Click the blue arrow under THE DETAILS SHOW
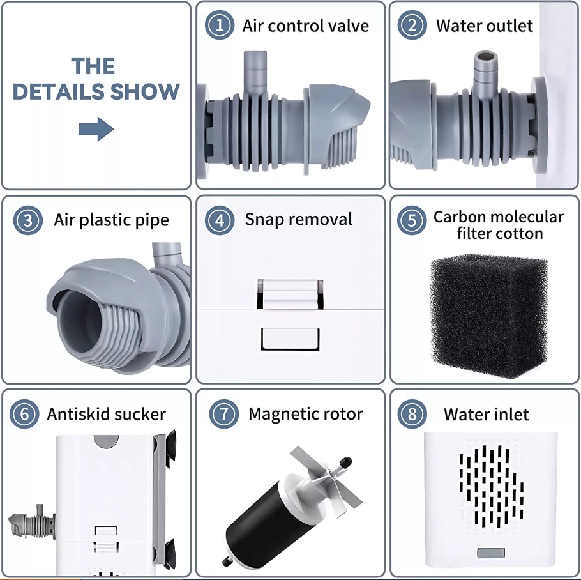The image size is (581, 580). (96, 129)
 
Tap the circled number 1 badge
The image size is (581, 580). (220, 25)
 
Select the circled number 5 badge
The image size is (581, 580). (412, 220)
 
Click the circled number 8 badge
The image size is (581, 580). (412, 414)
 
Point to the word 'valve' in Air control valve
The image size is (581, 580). (349, 26)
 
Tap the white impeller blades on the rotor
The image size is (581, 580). (326, 482)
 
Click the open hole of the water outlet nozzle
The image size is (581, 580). (486, 57)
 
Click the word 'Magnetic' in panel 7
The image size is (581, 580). (280, 414)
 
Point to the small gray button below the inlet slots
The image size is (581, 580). (491, 553)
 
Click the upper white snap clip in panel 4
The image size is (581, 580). (290, 294)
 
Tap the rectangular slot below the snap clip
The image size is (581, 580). (290, 339)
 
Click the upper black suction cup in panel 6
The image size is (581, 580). (170, 449)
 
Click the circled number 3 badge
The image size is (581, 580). (28, 220)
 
